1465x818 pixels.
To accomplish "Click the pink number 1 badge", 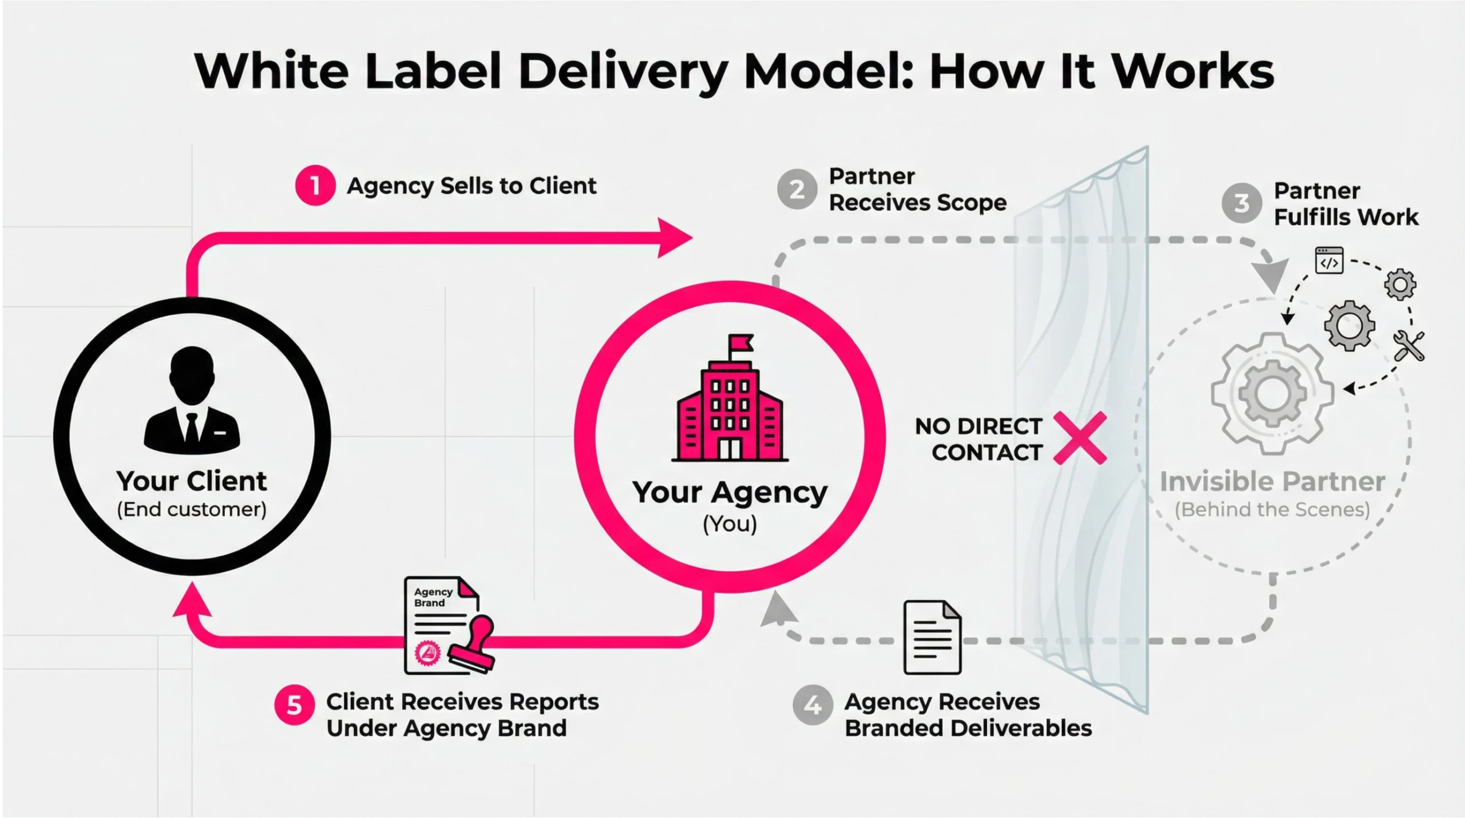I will pos(315,185).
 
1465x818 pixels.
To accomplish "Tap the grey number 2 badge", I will pos(797,189).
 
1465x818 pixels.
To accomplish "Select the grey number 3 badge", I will pos(1241,203).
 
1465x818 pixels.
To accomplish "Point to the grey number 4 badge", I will pos(812,705).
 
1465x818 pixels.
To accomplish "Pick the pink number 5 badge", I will pos(294,705).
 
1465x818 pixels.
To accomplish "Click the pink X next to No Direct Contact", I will pos(1080,438).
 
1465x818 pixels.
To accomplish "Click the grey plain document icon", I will pos(932,637).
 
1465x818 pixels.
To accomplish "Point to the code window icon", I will pos(1329,261).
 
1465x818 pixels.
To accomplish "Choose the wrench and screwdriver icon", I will pos(1409,346).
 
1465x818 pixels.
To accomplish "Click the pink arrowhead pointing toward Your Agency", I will pos(674,238).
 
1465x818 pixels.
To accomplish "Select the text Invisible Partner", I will pos(1272,482).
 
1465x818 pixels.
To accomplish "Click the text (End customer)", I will pos(192,509).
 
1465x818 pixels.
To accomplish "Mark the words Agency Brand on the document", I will pos(433,597).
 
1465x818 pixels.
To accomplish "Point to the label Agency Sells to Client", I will pos(472,186).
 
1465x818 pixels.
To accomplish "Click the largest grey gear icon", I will pos(1272,393).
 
